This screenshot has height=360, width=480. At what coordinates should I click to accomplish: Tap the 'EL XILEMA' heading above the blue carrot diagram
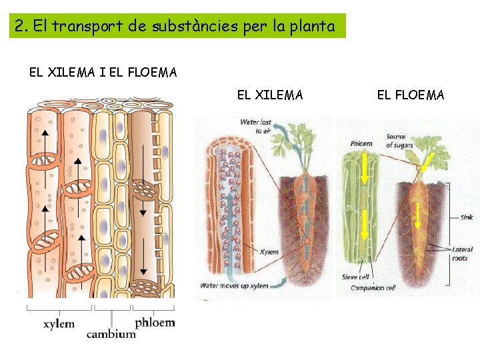click(270, 95)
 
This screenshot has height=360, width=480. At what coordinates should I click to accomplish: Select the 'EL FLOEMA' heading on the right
click(411, 95)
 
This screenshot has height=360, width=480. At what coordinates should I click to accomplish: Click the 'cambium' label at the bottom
click(111, 334)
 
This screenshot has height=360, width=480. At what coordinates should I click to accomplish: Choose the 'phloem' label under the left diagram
click(155, 323)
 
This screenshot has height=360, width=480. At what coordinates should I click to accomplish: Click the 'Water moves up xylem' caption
click(235, 286)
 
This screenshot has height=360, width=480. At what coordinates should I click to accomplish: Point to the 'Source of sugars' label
click(399, 141)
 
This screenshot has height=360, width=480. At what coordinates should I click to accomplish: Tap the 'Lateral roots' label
click(462, 254)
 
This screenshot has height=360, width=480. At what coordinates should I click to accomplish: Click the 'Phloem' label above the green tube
click(361, 144)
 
